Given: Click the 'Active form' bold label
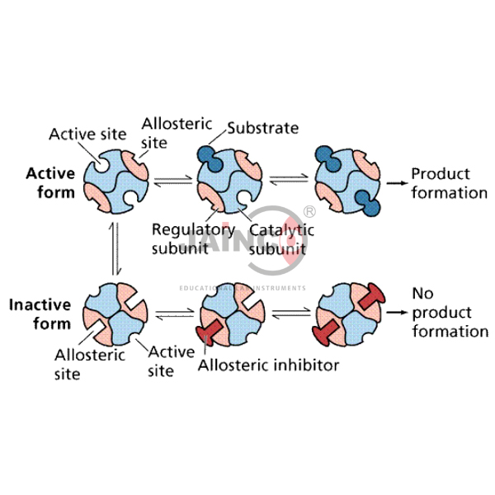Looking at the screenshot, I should coord(50,182).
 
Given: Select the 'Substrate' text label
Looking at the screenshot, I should coord(262,128).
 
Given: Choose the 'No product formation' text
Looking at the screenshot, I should coord(449,313).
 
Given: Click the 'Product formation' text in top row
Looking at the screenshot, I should coord(450,183).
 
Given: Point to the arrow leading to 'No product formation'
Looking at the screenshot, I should coord(399,313).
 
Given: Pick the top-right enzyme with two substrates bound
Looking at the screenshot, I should coord(347,181).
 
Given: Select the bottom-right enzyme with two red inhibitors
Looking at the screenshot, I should coord(347,314).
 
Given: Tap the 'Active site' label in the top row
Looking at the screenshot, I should coord(86,133).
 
